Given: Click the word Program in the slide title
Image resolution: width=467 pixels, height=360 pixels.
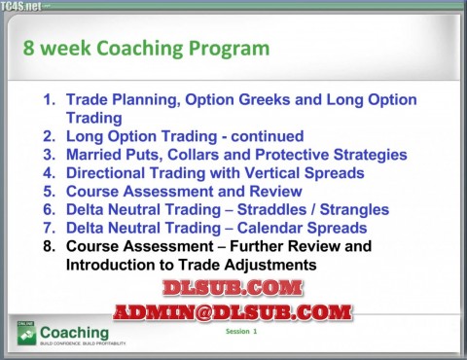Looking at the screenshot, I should (x=222, y=49).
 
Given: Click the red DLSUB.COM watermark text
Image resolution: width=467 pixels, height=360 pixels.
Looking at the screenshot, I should (x=232, y=288).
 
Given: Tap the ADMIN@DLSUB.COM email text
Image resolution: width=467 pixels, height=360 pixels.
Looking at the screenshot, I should (x=232, y=312).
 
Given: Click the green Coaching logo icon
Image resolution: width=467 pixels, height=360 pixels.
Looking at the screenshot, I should (x=25, y=334).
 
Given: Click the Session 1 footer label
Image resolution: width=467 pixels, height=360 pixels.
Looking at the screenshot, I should (x=241, y=332).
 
